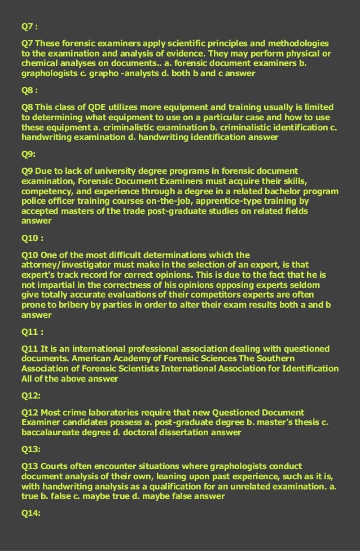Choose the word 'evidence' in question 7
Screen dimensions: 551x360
(x=176, y=54)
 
